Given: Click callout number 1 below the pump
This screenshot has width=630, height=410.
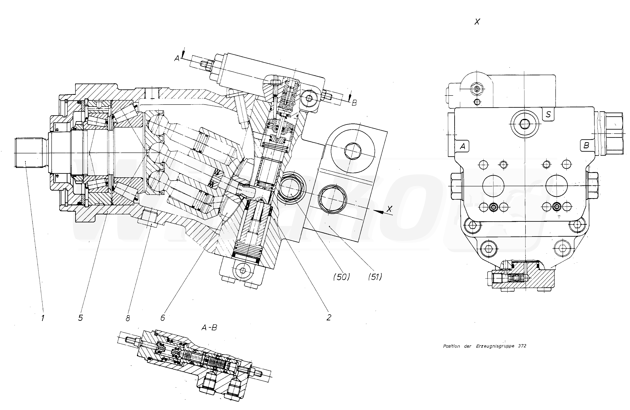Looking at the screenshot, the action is tap(43, 318).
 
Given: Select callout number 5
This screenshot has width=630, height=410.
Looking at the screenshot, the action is tap(80, 318).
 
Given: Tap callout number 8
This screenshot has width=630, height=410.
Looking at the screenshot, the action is tap(128, 318).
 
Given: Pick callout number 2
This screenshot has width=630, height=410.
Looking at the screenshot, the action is tap(329, 317).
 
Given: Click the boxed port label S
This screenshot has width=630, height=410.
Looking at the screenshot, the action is tap(548, 114).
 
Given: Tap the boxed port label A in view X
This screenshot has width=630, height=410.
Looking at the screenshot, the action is tap(462, 146).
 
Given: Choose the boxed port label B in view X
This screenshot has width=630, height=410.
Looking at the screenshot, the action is tap(586, 145).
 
